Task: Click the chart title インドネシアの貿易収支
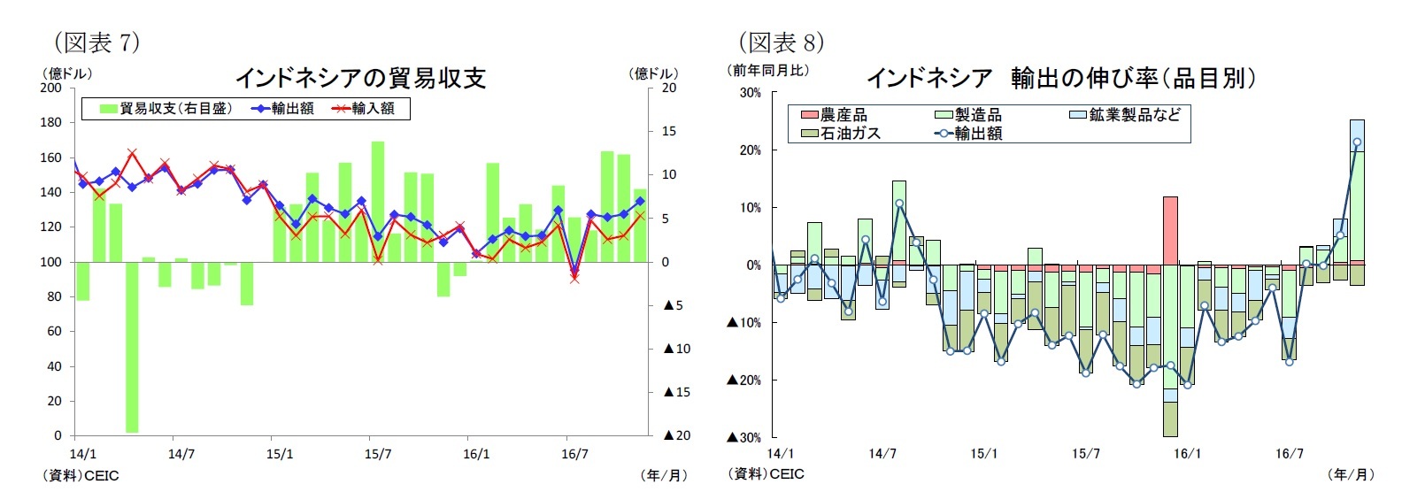point(360,79)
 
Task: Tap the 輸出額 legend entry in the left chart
point(284,109)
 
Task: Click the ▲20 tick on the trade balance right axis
point(677,435)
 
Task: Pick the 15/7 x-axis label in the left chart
point(378,455)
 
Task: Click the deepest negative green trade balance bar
point(132,347)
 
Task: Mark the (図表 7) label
point(96,42)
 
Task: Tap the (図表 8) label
point(781,42)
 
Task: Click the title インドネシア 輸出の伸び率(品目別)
point(1060,79)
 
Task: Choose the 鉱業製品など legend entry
point(1125,115)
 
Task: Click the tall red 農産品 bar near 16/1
point(1170,230)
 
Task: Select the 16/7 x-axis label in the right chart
point(1289,455)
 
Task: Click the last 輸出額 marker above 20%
point(1357,142)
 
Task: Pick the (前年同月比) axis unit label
point(767,70)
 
